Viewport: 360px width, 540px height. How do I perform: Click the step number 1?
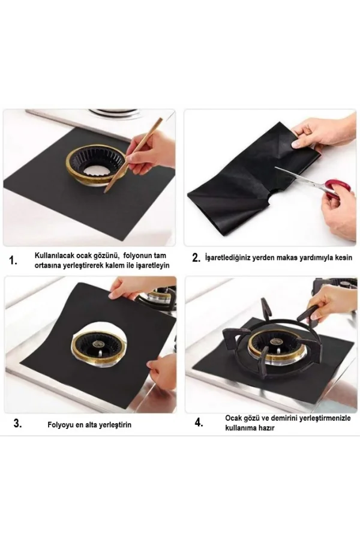13,261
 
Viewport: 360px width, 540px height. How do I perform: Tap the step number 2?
196,258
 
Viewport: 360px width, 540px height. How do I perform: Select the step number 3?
17,423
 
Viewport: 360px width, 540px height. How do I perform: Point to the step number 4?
199,422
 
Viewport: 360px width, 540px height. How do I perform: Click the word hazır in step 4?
268,428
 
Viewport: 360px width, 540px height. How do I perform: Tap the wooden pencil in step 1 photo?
133,155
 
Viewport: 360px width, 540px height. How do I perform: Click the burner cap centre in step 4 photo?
275,341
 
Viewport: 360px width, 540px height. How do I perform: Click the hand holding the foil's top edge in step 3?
129,288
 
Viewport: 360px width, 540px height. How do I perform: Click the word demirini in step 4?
284,418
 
